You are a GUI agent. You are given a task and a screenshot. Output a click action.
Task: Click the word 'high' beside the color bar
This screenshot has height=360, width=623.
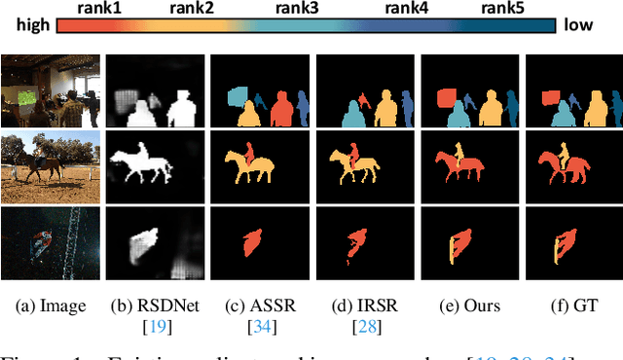click(21, 26)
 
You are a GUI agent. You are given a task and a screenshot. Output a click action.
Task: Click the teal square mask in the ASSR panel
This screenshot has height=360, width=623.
click(237, 96)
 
